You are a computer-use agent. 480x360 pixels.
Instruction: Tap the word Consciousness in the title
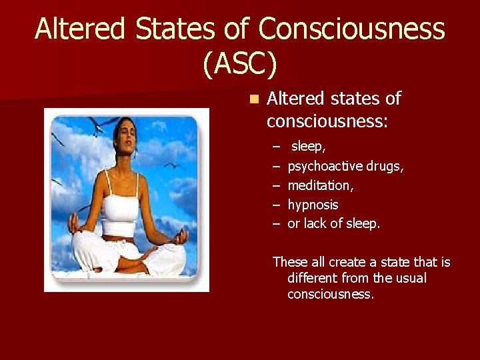[x=351, y=29]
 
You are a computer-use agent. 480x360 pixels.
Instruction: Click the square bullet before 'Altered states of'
[x=253, y=99]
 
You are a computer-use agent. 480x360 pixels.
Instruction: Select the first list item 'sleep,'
[x=309, y=146]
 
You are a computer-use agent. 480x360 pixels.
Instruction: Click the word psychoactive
[x=323, y=166]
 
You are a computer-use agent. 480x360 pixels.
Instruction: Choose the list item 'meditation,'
[x=319, y=185]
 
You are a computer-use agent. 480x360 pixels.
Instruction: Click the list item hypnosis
[x=313, y=205]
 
